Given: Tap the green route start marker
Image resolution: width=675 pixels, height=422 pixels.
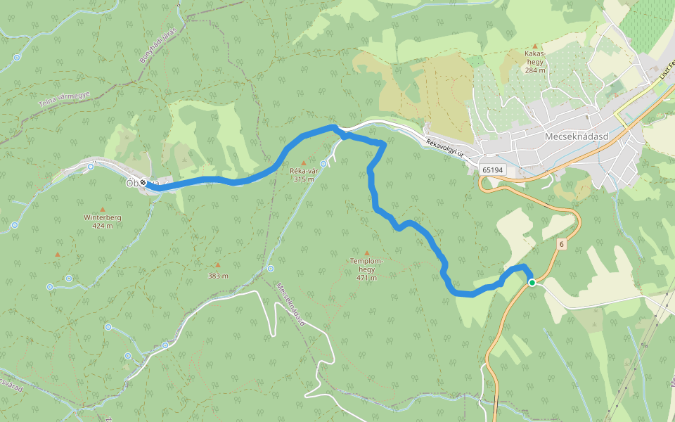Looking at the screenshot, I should tap(532, 283).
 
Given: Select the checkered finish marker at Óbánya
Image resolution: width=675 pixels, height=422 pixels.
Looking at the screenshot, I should tap(143, 183).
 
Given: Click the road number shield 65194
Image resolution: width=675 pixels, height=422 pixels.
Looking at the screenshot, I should tap(493, 170).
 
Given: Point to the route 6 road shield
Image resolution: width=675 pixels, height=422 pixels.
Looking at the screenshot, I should tap(561, 244).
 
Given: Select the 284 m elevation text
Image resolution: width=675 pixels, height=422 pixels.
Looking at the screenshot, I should tap(535, 70).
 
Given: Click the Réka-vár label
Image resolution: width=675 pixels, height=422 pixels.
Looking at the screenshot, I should tap(304, 171).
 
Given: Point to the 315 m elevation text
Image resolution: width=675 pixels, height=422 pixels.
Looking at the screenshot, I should tap(304, 179).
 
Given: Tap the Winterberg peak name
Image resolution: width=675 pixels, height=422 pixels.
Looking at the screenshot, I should tap(103, 217).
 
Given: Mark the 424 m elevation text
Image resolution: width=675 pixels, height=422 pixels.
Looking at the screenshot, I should tap(103, 226).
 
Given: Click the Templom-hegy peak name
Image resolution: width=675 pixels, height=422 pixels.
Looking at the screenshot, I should tap(366, 265).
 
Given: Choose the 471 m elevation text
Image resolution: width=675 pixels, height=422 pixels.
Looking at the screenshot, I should tap(366, 277).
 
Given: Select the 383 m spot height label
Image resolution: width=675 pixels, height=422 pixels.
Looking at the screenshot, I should tap(218, 276).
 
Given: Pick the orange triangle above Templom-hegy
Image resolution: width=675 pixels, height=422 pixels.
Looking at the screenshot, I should tap(366, 252).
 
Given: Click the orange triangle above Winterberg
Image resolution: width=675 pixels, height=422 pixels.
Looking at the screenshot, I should tap(103, 209).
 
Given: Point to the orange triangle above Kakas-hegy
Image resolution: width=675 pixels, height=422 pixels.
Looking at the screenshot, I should tap(535, 45).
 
